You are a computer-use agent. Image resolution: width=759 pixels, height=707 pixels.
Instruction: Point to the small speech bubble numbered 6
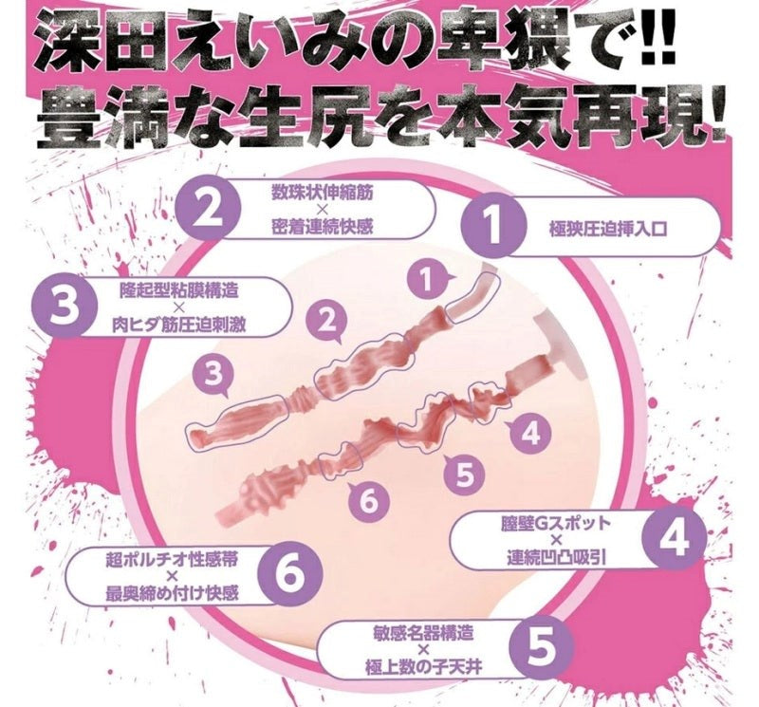(x=368, y=501)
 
